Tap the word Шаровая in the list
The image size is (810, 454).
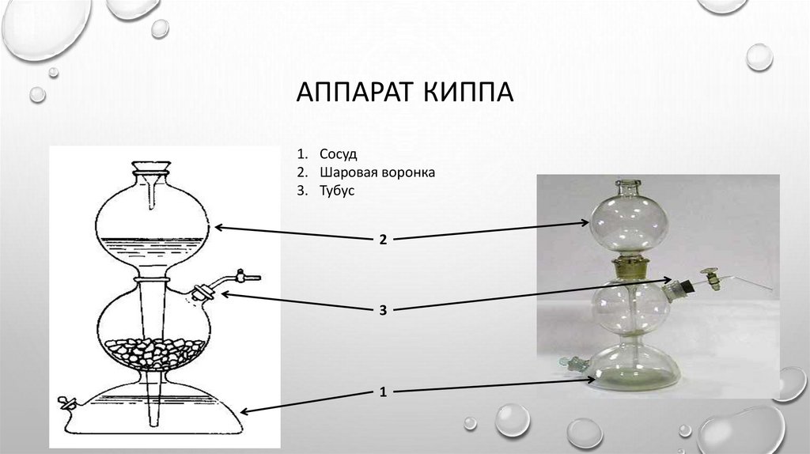pyautogui.click(x=349, y=172)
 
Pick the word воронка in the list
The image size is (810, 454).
pyautogui.click(x=407, y=172)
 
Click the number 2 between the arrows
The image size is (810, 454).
pyautogui.click(x=382, y=239)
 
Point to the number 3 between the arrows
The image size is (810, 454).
pyautogui.click(x=382, y=311)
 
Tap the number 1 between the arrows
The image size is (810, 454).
pyautogui.click(x=382, y=391)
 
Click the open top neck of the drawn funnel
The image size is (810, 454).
pyautogui.click(x=153, y=168)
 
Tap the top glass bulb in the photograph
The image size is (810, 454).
pyautogui.click(x=629, y=221)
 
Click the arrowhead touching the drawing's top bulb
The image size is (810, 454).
pyautogui.click(x=219, y=228)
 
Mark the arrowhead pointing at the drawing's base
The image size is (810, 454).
pyautogui.click(x=244, y=410)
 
